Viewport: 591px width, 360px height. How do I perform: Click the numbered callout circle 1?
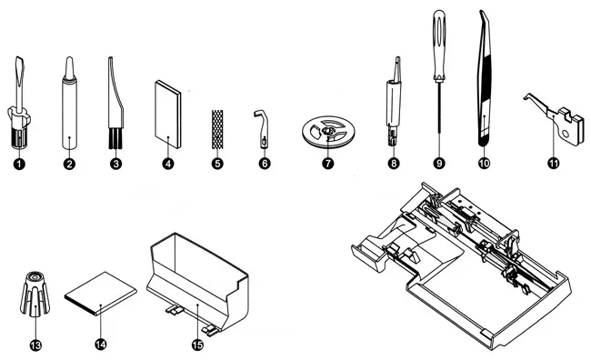point(19,164)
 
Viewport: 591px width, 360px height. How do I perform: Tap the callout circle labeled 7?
point(328,164)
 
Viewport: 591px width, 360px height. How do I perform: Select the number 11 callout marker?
point(554,164)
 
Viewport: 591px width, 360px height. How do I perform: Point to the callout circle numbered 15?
point(197,345)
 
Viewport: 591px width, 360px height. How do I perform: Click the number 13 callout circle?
point(35,345)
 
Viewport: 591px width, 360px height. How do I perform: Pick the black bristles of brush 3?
point(116,138)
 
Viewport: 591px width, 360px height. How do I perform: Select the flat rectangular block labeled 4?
point(168,114)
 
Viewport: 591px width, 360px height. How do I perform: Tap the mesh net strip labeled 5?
point(217,129)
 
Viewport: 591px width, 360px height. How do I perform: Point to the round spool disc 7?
point(328,132)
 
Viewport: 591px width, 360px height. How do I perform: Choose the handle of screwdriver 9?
point(439,45)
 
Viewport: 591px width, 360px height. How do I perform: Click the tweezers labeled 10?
point(485,79)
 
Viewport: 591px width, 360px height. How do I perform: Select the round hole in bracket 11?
point(565,134)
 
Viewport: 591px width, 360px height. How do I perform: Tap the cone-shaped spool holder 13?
point(35,294)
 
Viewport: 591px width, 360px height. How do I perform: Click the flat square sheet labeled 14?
point(101,293)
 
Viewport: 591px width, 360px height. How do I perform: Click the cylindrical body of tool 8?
point(393,103)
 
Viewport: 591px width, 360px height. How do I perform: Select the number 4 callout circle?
point(168,164)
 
